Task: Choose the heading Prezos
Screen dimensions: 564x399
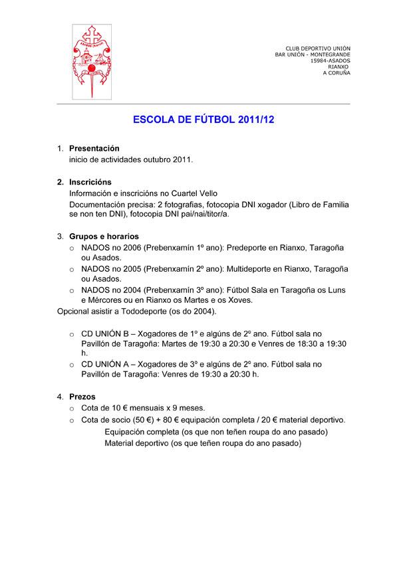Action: (82, 397)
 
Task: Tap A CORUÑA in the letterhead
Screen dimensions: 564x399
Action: (336, 72)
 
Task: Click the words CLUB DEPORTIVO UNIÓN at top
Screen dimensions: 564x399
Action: (318, 48)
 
